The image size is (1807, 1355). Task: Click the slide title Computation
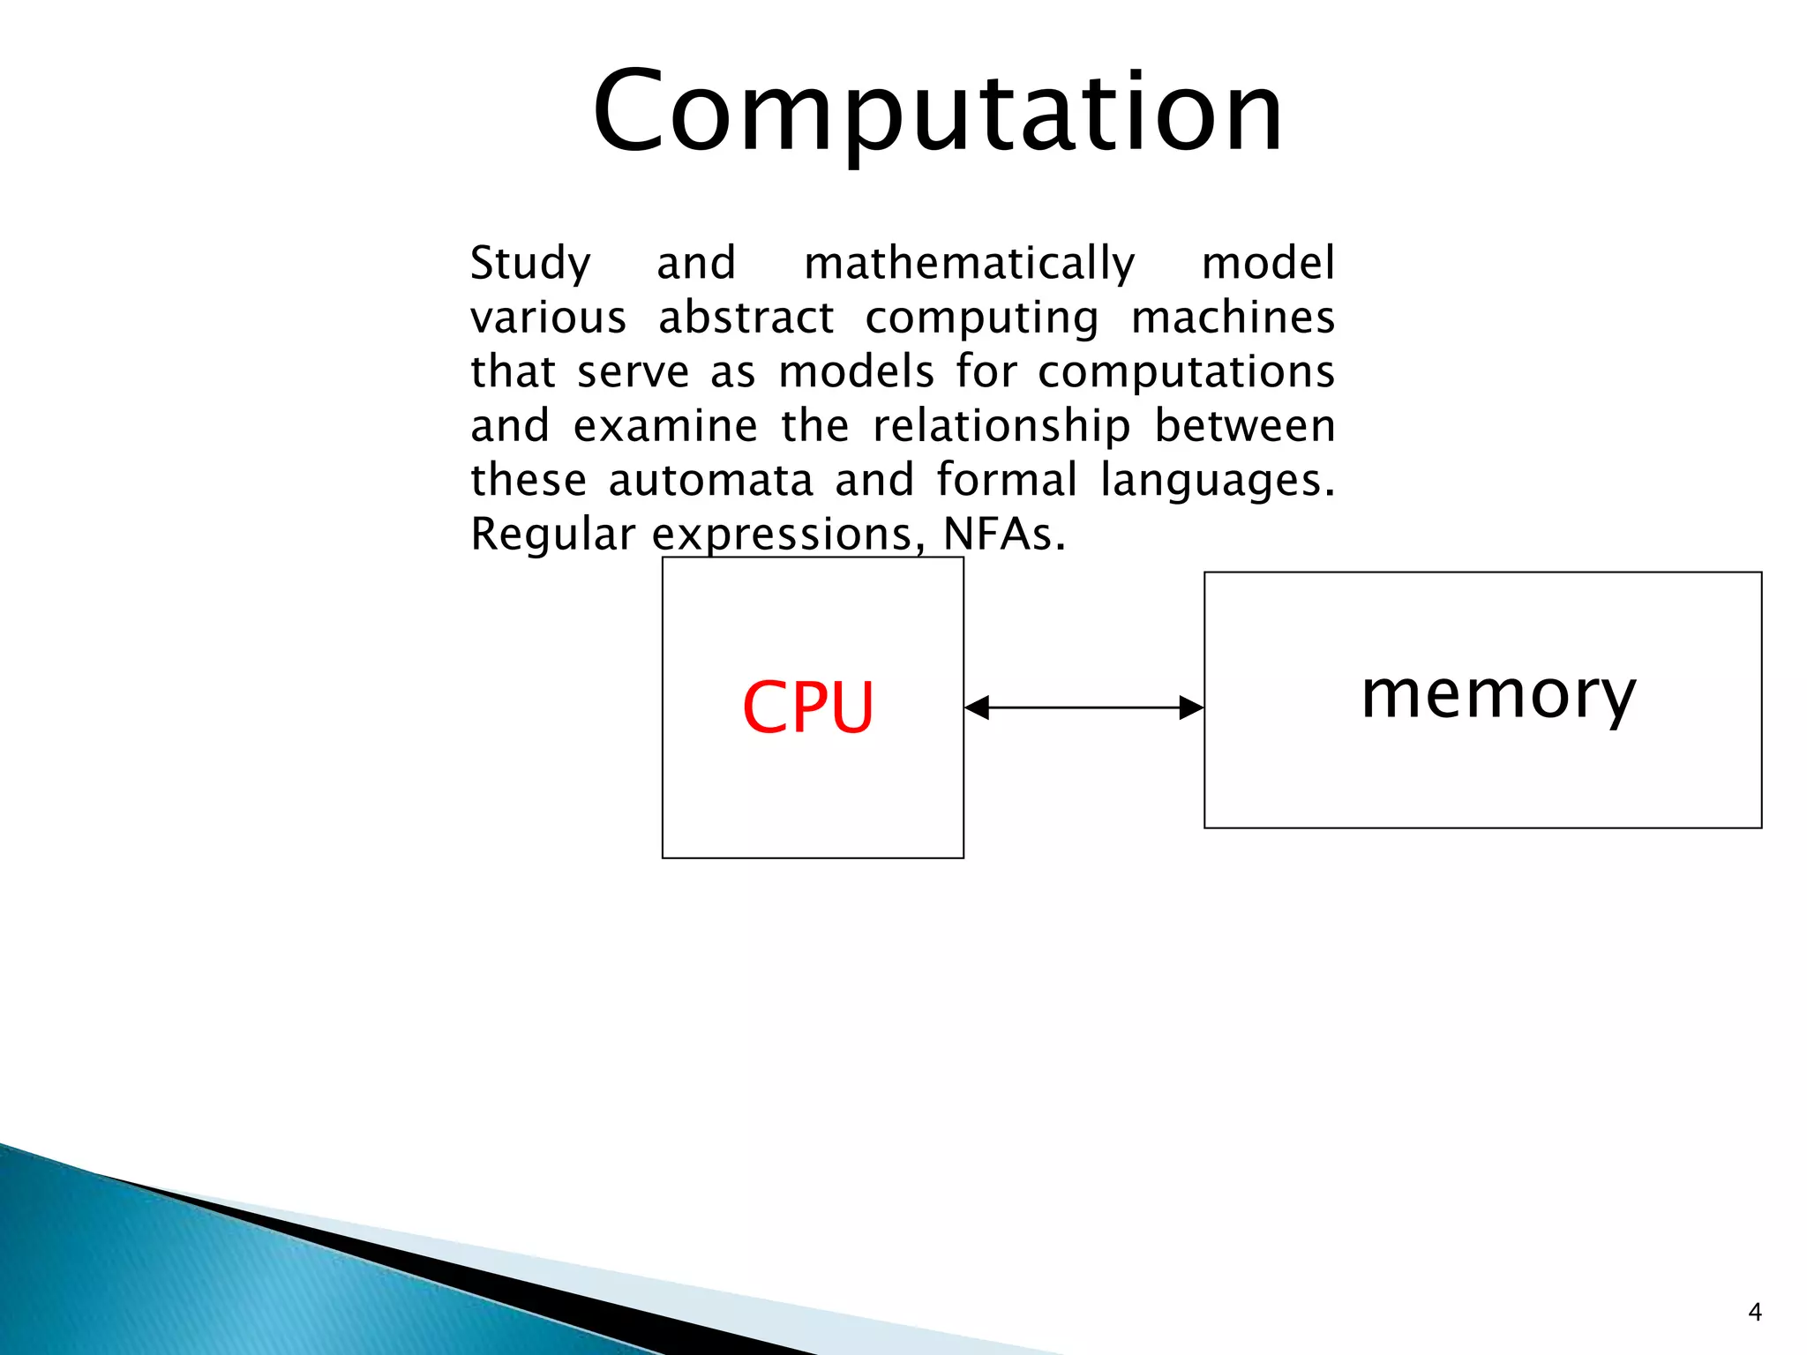tap(937, 113)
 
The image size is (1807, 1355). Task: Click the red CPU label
tap(808, 707)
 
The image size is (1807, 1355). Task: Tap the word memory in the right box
tap(1498, 695)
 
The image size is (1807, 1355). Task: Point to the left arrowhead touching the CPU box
tap(977, 707)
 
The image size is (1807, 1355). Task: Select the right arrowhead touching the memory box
tap(1191, 707)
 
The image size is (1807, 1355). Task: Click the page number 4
tap(1754, 1313)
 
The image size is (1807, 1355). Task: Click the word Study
tap(530, 264)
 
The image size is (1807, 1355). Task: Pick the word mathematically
tap(969, 264)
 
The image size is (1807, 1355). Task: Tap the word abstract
tap(746, 318)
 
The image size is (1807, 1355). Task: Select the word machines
tap(1233, 318)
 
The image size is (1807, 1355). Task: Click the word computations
tap(1186, 372)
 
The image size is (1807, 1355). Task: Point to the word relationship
tap(1001, 427)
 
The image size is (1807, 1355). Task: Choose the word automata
tap(710, 481)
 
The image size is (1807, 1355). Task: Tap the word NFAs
tap(1003, 535)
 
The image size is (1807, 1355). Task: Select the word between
tap(1244, 426)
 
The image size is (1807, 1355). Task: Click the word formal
tap(1007, 481)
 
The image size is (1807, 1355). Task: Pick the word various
tap(548, 318)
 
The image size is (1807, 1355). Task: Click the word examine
tap(665, 426)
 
